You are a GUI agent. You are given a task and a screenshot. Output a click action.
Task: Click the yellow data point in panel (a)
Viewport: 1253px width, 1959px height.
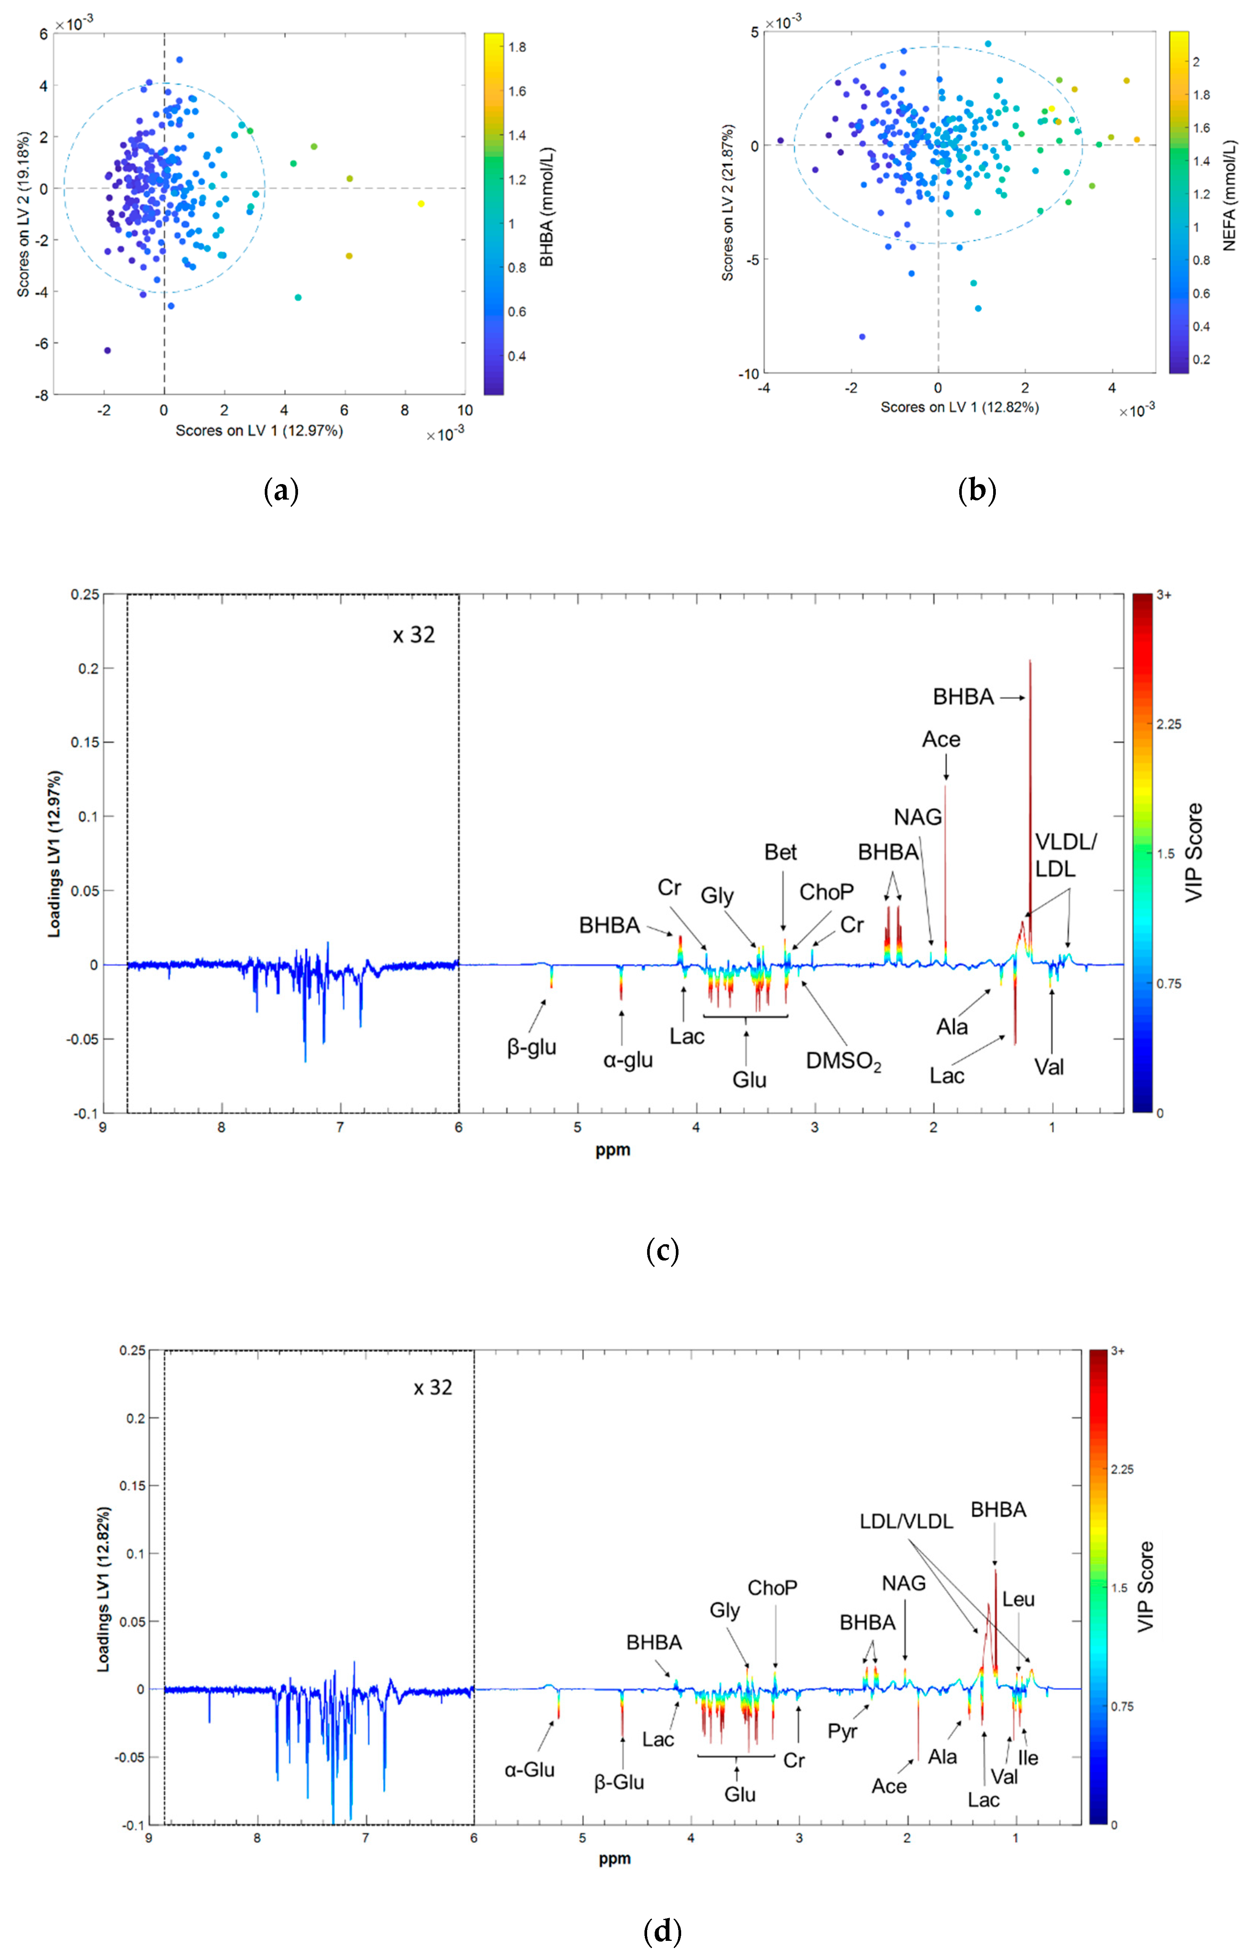click(421, 203)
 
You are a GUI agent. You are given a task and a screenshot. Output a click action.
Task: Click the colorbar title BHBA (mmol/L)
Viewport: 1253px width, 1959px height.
click(547, 208)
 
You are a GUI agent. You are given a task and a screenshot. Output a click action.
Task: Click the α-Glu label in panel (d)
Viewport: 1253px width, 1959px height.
click(529, 1770)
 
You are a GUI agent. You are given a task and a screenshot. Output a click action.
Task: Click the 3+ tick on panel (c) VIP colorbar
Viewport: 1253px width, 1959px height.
click(1164, 596)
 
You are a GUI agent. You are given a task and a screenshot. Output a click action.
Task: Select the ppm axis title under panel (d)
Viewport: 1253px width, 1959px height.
click(614, 1858)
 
